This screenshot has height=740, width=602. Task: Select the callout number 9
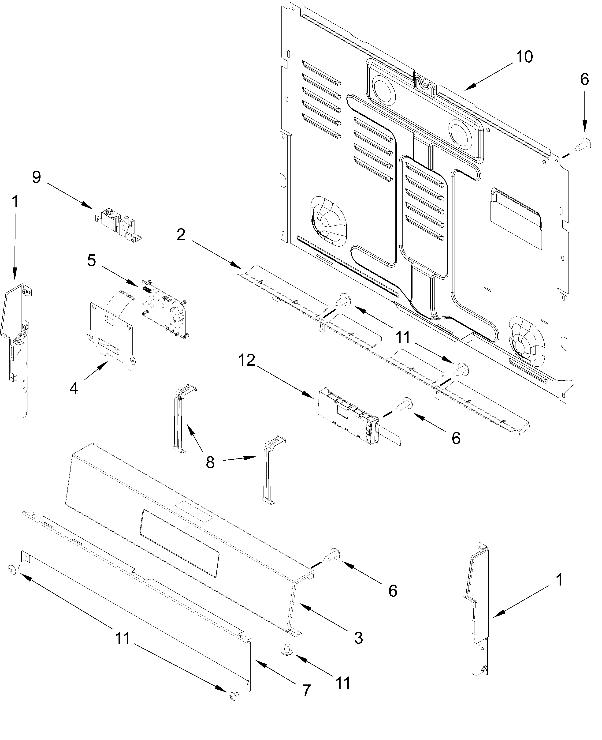tap(36, 178)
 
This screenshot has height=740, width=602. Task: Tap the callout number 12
tap(247, 361)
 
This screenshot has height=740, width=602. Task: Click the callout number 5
tap(92, 261)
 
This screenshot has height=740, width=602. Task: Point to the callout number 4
tap(74, 389)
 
